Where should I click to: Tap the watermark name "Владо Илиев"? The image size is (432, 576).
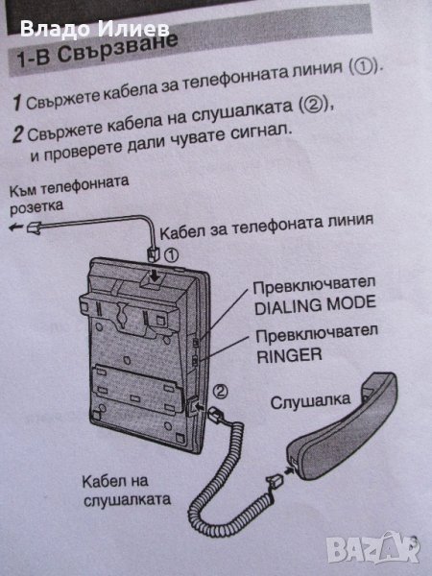(x=95, y=29)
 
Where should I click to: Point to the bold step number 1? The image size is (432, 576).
(x=17, y=103)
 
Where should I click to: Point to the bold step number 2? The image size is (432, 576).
(x=18, y=134)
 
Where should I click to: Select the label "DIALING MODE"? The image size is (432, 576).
(x=315, y=304)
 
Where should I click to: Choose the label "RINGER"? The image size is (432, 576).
(x=289, y=355)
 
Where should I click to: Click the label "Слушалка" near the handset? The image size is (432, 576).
(x=310, y=400)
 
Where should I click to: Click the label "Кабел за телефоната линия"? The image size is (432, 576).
(x=267, y=226)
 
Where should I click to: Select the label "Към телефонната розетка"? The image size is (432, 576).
(x=69, y=194)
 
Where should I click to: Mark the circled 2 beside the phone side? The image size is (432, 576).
(x=220, y=392)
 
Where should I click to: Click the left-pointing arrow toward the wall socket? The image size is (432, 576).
(x=15, y=228)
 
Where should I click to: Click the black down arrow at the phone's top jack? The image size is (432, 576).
(x=156, y=276)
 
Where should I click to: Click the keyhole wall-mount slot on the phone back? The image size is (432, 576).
(x=121, y=315)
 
